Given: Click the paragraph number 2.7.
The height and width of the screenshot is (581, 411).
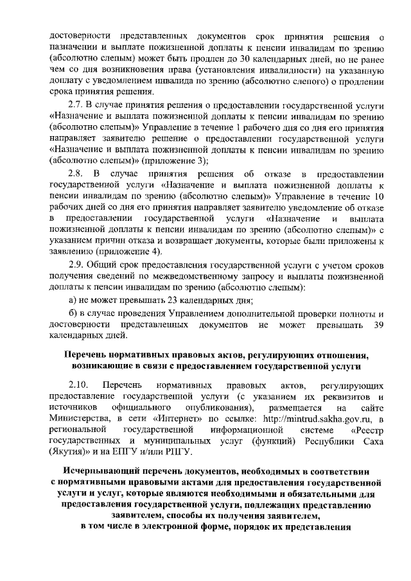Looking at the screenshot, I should coord(77,104).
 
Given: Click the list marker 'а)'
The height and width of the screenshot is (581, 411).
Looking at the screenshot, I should coord(73,300).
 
